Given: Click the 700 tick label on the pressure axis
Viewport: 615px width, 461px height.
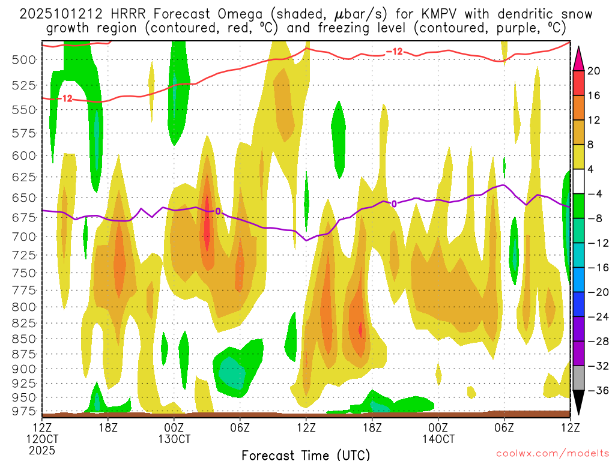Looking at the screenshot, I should pos(24,236).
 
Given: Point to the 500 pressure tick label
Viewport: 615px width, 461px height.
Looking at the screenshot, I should pos(24,59).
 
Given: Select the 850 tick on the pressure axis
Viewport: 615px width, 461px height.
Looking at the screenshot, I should pos(24,338).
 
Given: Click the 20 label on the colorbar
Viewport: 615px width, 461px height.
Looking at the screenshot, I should pos(594,71).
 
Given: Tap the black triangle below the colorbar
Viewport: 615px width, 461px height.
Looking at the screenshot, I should pos(579,403).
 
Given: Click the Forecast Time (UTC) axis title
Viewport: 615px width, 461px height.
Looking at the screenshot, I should pos(306,454).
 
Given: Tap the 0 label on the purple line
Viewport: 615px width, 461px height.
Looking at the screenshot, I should pos(394,203).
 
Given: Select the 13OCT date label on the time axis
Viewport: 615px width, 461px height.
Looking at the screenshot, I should pos(174,438).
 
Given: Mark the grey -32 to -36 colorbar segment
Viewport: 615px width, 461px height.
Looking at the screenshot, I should pos(579,378).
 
